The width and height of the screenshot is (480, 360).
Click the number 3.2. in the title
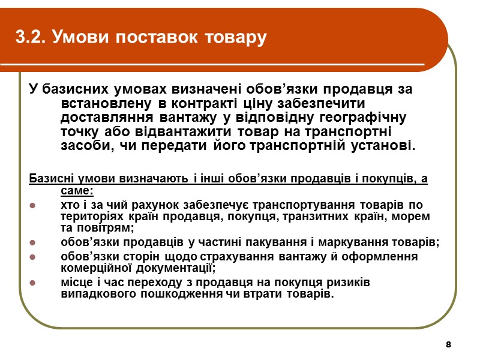pyautogui.click(x=32, y=38)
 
